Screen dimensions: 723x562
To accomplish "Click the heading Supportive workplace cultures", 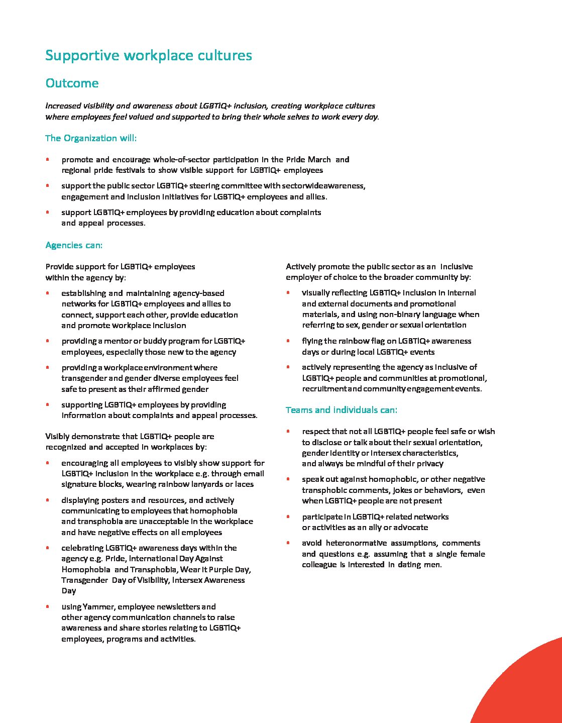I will pyautogui.click(x=148, y=55).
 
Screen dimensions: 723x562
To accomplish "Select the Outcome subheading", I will pyautogui.click(x=72, y=83).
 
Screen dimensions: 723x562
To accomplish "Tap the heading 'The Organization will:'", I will pyautogui.click(x=90, y=138).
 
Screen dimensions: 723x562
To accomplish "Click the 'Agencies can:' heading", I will pyautogui.click(x=74, y=245).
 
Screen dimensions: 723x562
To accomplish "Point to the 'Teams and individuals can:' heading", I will pyautogui.click(x=341, y=410).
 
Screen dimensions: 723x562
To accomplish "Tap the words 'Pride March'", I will pyautogui.click(x=308, y=160).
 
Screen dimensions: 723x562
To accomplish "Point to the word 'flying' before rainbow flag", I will pyautogui.click(x=311, y=341).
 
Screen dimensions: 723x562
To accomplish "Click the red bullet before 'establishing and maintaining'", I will pyautogui.click(x=47, y=293).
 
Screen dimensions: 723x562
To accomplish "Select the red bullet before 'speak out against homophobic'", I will pyautogui.click(x=288, y=479).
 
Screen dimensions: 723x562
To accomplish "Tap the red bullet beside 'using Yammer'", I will pyautogui.click(x=47, y=606).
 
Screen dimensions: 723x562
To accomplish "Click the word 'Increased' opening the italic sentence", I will pyautogui.click(x=62, y=106).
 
